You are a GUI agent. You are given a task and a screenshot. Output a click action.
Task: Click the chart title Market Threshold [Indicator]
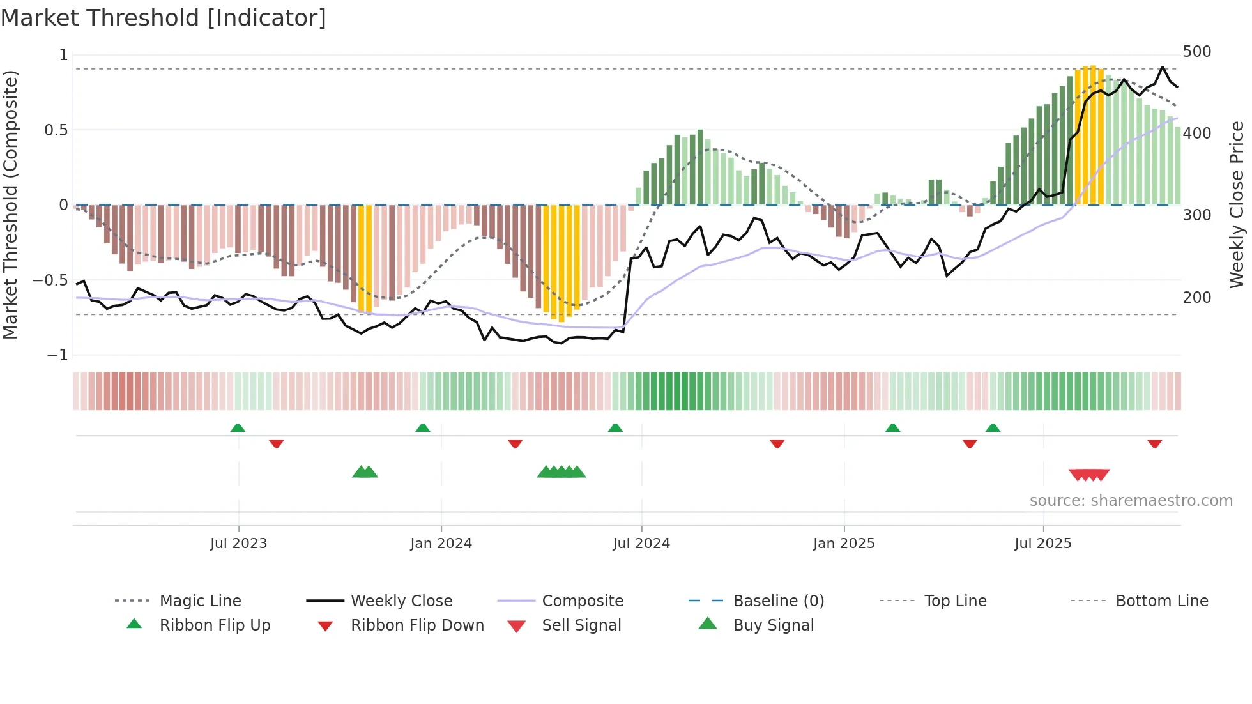click(164, 18)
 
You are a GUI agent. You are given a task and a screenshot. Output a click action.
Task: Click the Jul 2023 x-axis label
click(238, 544)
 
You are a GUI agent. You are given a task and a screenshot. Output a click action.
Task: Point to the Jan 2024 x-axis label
click(441, 544)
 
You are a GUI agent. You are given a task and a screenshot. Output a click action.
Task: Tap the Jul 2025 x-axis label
click(1042, 544)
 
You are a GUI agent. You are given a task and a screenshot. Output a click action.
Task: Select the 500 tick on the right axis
click(1196, 52)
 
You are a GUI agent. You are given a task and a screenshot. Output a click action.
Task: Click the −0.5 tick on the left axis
click(50, 280)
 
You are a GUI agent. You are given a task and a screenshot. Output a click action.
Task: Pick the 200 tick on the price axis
click(1196, 298)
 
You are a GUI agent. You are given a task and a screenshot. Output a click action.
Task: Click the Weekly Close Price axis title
click(1237, 204)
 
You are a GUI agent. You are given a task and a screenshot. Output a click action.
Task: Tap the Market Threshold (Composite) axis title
click(10, 204)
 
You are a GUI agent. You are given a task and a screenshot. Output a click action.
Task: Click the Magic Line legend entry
click(200, 601)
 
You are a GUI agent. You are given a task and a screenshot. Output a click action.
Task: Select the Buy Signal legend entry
click(773, 625)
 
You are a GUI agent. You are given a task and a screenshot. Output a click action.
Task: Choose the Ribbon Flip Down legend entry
click(416, 625)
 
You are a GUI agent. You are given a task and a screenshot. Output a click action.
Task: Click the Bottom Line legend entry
click(1161, 601)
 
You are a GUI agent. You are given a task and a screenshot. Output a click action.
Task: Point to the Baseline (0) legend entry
click(778, 601)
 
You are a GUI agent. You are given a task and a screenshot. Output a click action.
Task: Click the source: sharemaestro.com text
click(1131, 501)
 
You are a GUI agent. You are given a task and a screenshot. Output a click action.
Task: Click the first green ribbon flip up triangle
click(238, 428)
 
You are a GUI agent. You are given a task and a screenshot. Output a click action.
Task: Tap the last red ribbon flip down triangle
click(1154, 443)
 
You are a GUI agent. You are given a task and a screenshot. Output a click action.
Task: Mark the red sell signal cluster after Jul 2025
click(1089, 475)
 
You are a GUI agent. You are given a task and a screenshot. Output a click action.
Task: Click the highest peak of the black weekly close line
click(1163, 67)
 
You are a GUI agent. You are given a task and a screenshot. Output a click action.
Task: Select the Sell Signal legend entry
click(581, 625)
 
